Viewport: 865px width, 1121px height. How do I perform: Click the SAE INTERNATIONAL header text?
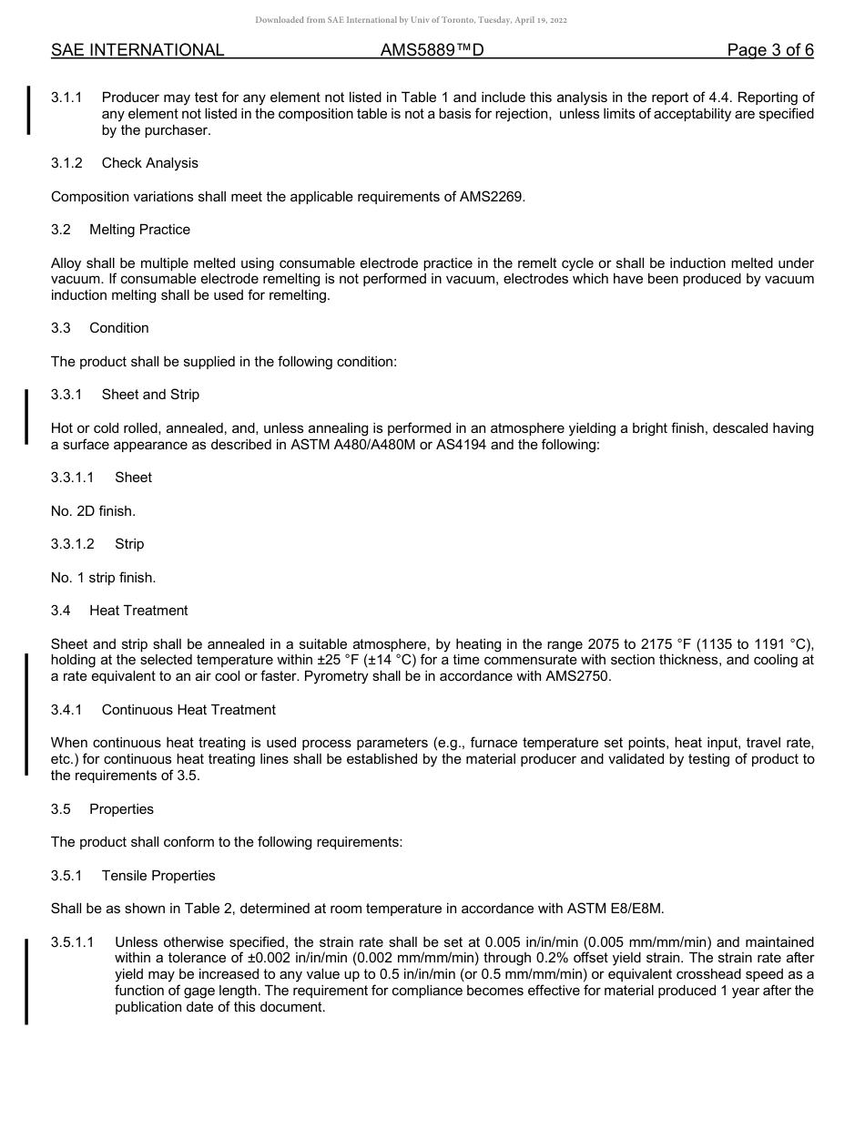coord(137,50)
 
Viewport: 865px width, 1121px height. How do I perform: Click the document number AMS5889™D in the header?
coord(432,50)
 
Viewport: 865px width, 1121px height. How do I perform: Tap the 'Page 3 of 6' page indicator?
coord(769,50)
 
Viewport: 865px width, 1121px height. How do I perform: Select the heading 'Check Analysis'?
coord(149,163)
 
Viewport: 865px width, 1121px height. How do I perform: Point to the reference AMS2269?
coord(492,196)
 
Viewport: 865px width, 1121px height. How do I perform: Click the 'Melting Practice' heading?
coord(139,230)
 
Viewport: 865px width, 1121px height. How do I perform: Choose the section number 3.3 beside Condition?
coord(62,328)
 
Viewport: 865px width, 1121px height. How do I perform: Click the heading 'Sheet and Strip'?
coord(150,395)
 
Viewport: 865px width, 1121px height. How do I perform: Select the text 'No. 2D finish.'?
coord(93,511)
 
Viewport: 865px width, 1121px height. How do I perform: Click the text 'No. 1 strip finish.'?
coord(103,578)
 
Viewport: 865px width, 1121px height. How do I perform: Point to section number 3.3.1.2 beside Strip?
coord(73,544)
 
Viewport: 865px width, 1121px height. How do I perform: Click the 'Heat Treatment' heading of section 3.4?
coord(138,611)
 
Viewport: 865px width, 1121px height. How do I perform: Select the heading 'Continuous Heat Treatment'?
coord(188,710)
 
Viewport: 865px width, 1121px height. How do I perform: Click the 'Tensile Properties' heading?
coord(158,876)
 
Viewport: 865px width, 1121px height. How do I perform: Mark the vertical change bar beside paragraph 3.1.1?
coord(28,110)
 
